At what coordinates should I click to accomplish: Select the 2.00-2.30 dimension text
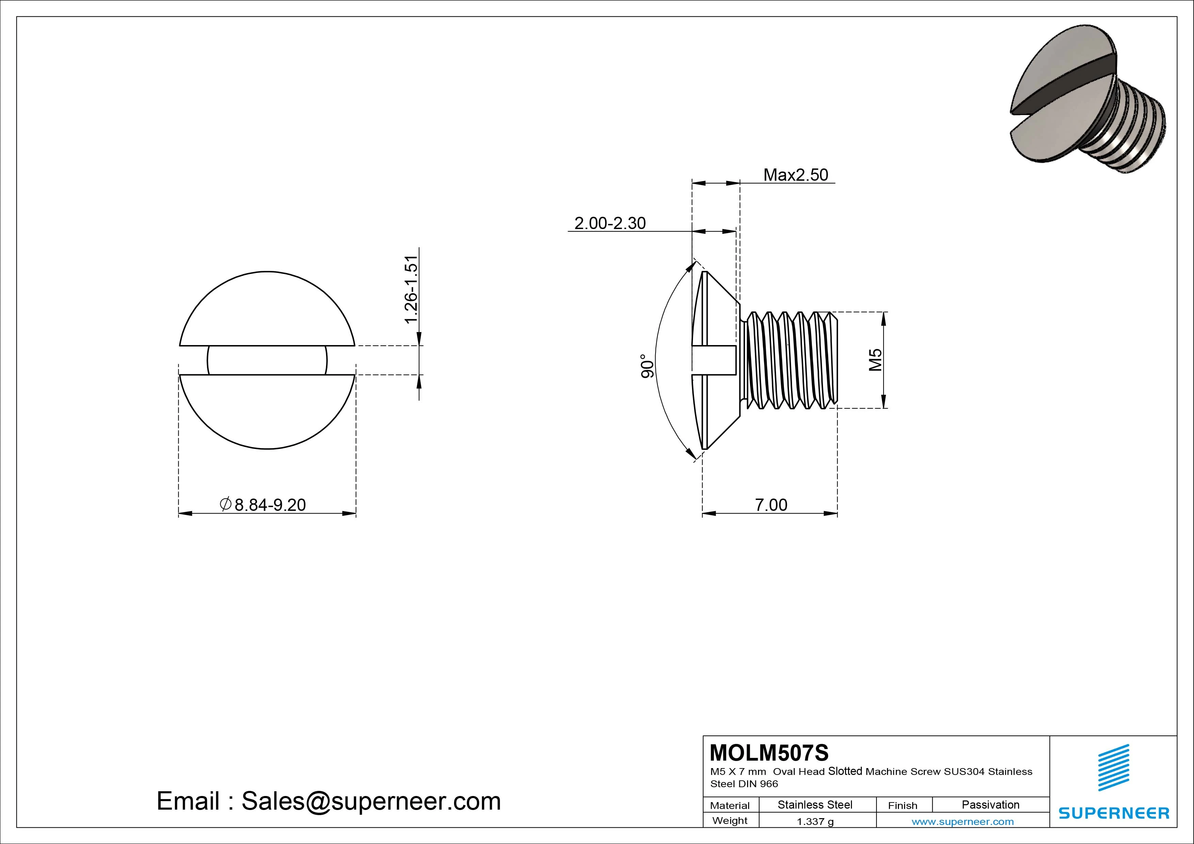pos(610,223)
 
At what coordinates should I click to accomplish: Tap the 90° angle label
pos(646,366)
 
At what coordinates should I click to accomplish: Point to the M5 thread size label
pos(876,360)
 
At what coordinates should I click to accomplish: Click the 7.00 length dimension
pos(771,504)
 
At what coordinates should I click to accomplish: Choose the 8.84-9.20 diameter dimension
pos(263,504)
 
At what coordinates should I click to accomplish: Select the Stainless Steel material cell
pos(814,805)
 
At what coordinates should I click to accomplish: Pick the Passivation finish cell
pos(990,805)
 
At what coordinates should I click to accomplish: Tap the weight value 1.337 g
pos(815,822)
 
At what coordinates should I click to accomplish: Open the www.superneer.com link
pos(963,822)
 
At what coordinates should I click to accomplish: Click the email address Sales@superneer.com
pos(371,801)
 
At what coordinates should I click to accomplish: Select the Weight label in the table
pos(730,821)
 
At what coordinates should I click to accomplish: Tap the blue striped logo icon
pos(1113,767)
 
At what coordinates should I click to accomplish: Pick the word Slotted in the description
pos(845,771)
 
